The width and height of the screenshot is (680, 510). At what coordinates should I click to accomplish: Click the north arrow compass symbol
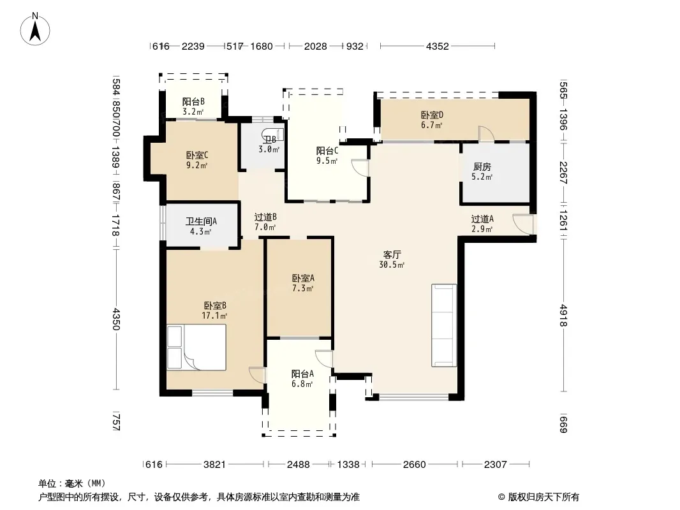click(35, 29)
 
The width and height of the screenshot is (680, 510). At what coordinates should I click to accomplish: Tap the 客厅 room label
click(392, 255)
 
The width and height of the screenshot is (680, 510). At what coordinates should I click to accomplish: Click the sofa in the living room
click(443, 325)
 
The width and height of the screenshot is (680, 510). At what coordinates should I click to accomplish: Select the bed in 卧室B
click(196, 347)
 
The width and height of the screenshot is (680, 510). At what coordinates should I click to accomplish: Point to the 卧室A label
click(303, 278)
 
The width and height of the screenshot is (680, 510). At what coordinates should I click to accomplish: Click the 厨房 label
click(482, 167)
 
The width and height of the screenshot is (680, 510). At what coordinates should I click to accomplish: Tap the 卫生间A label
click(201, 221)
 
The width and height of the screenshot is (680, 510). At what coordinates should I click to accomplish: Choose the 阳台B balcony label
click(193, 102)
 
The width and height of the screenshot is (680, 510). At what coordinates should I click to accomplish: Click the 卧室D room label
click(432, 115)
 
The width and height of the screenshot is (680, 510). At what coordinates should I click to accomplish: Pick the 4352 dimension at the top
click(437, 46)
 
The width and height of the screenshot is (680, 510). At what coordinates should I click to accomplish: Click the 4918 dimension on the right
click(563, 316)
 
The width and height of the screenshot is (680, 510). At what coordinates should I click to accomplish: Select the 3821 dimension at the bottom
click(215, 465)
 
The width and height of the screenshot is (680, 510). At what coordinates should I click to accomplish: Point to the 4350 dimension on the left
click(116, 319)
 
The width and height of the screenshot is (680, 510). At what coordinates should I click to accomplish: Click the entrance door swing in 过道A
click(522, 224)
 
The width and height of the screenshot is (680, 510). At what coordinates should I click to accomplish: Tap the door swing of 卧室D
click(485, 133)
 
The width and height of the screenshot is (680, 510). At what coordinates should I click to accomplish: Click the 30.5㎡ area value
click(392, 265)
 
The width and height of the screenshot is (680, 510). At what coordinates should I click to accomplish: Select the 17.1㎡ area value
click(214, 316)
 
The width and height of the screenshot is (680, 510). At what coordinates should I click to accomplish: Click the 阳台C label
click(327, 151)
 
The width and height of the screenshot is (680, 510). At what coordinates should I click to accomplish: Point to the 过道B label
click(265, 217)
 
